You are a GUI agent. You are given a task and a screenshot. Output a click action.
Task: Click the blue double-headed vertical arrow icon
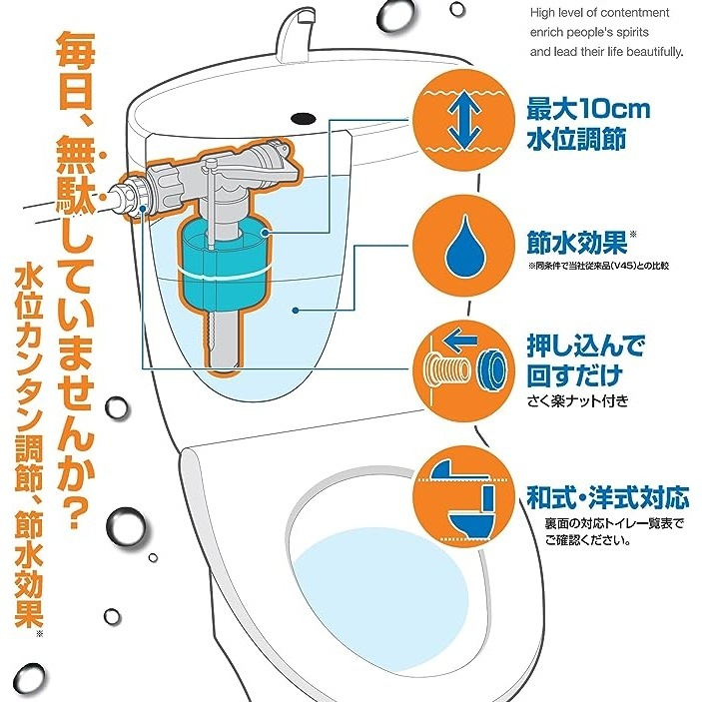(x=464, y=121)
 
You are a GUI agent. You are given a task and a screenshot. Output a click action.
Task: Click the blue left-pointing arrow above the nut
(x=461, y=342)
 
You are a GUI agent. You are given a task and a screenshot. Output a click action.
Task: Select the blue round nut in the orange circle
(x=491, y=367)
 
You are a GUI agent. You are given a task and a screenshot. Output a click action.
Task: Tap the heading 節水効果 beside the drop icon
(x=577, y=244)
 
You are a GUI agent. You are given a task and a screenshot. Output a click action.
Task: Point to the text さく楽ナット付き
(x=577, y=400)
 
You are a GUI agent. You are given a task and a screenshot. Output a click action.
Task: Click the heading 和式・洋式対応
(x=607, y=497)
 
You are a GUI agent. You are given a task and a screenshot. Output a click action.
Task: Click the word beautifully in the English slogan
(x=654, y=52)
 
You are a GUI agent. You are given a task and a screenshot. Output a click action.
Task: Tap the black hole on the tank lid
(x=304, y=118)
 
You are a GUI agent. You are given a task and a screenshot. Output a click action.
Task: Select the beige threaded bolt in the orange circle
(x=446, y=369)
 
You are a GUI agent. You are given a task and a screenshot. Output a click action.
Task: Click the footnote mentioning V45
(x=598, y=266)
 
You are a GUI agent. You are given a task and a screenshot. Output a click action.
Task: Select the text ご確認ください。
(x=588, y=540)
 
